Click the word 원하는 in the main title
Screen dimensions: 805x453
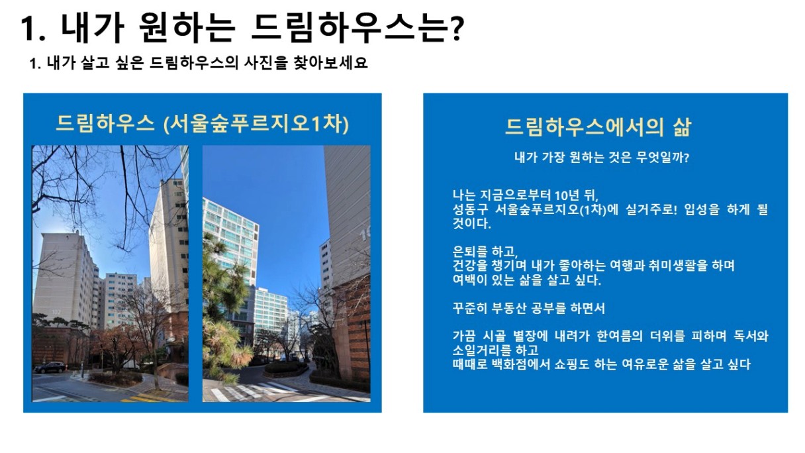(187, 28)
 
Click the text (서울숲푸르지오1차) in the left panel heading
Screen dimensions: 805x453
(256, 125)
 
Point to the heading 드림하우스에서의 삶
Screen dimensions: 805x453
(598, 126)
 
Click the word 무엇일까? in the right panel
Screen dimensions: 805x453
(662, 158)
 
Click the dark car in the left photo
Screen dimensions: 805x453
(50, 368)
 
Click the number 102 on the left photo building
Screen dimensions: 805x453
(56, 312)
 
